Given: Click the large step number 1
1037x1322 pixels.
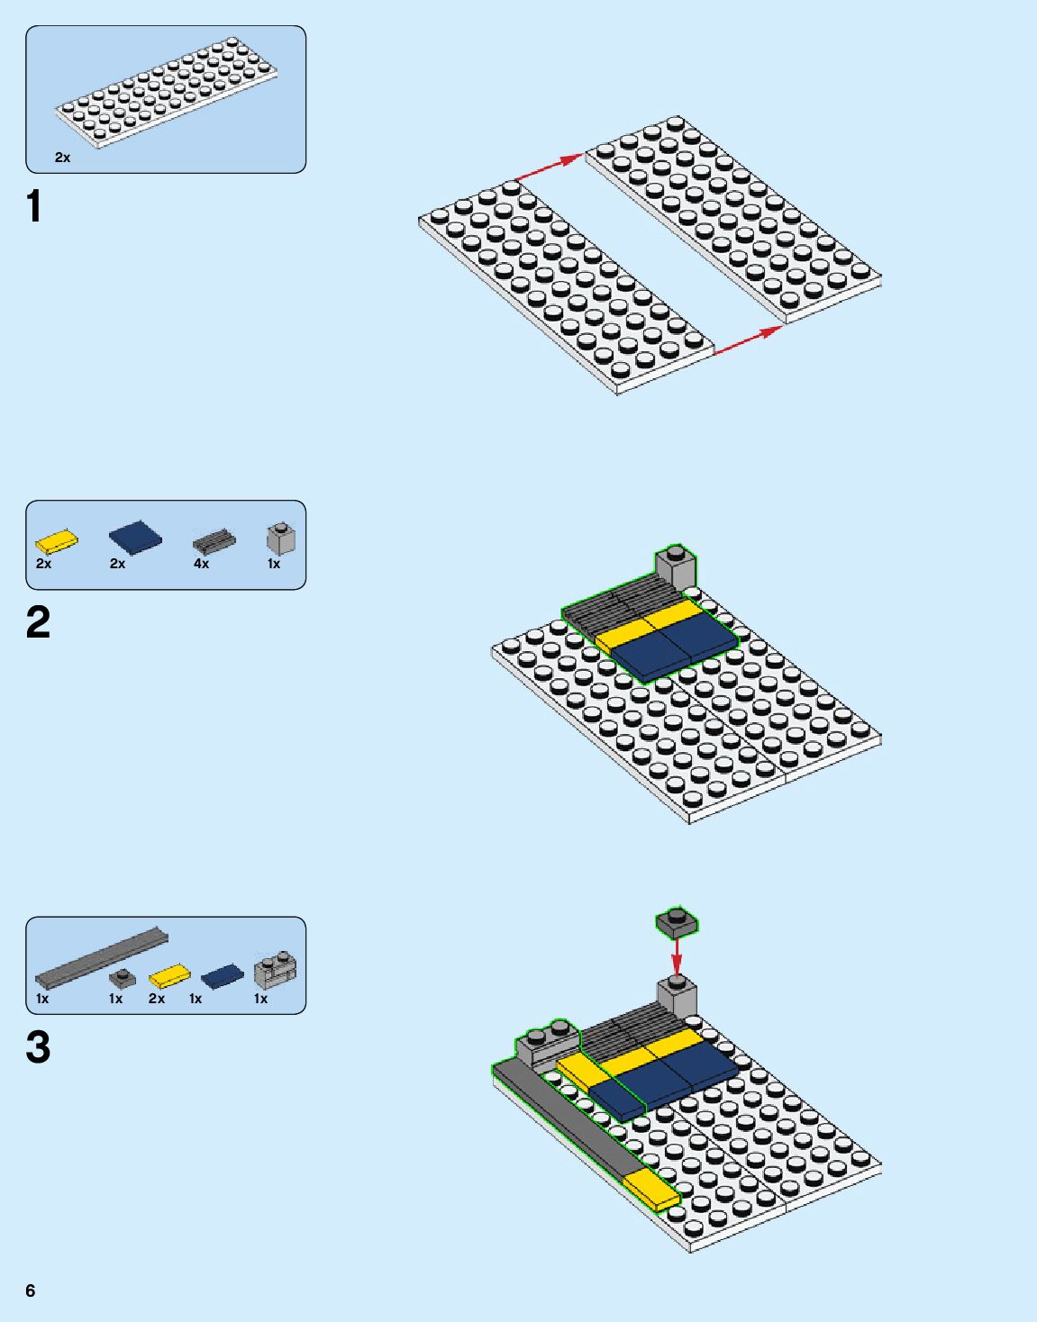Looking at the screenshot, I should (x=34, y=206).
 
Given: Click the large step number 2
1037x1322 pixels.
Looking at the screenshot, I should (x=38, y=623).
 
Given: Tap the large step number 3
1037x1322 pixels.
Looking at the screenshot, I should (x=38, y=1047).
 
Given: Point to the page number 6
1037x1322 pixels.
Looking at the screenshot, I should (x=31, y=1290).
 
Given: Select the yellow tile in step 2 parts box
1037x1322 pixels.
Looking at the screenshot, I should (x=56, y=541).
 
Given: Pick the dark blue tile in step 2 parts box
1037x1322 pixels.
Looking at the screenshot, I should (x=135, y=538).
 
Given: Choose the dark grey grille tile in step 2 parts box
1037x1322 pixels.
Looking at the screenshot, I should (x=214, y=541).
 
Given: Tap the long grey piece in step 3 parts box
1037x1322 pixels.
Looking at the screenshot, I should (x=101, y=957).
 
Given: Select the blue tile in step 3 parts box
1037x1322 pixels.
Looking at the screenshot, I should (x=222, y=976).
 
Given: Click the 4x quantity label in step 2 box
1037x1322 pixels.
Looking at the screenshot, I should (x=201, y=564).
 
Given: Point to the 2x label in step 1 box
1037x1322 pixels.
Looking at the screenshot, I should (x=62, y=158).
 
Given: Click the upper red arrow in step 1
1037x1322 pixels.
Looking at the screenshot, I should (x=550, y=168).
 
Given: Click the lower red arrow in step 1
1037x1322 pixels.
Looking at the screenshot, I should (x=748, y=340).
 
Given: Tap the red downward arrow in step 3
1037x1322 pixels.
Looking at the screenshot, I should (x=677, y=955).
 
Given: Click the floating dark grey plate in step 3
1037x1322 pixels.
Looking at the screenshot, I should (x=677, y=921).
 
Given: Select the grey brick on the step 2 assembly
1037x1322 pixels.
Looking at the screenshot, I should (x=675, y=567).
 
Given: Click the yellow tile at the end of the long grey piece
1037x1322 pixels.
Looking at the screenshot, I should (x=651, y=1191).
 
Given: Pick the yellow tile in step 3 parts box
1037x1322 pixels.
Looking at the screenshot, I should (x=169, y=976).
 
